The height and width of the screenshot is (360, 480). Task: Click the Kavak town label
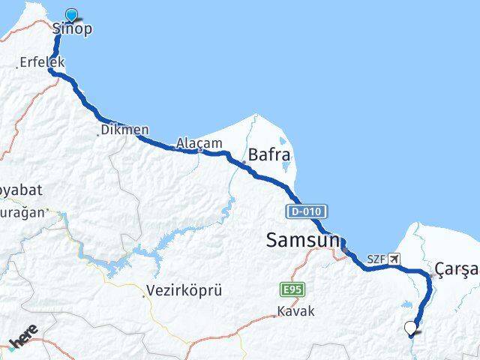coord(296,310)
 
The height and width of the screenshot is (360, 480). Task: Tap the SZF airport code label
coord(376,260)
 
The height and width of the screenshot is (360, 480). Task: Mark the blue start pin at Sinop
coord(72,15)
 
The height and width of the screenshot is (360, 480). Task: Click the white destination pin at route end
coord(410,327)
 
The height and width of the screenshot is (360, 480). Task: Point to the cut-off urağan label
coord(22,213)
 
